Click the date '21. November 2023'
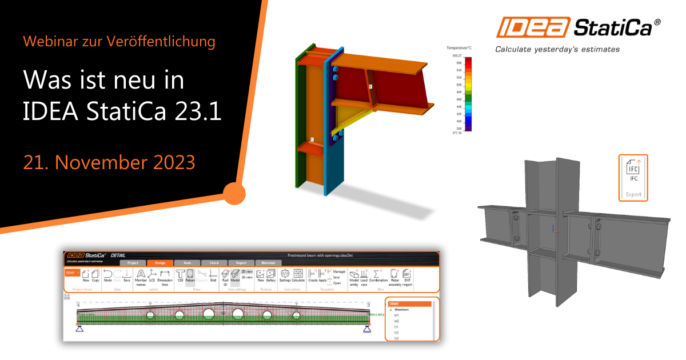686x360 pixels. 109,162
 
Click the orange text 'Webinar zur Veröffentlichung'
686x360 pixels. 119,41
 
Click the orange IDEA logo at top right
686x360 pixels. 533,27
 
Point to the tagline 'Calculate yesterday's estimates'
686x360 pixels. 557,49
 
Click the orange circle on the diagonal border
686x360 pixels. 233,194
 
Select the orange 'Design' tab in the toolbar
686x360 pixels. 160,263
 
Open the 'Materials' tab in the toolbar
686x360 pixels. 268,263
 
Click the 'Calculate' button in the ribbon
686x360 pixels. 298,276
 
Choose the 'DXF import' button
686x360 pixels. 407,277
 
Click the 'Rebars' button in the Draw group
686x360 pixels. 191,276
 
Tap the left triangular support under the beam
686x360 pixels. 80,327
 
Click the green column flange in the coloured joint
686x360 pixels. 298,120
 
